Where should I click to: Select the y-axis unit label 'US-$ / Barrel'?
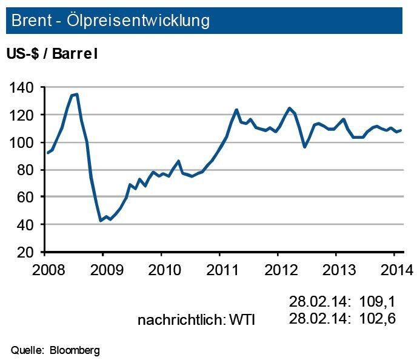52,53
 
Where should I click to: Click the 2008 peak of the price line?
77,94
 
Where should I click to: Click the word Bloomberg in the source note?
75,350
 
